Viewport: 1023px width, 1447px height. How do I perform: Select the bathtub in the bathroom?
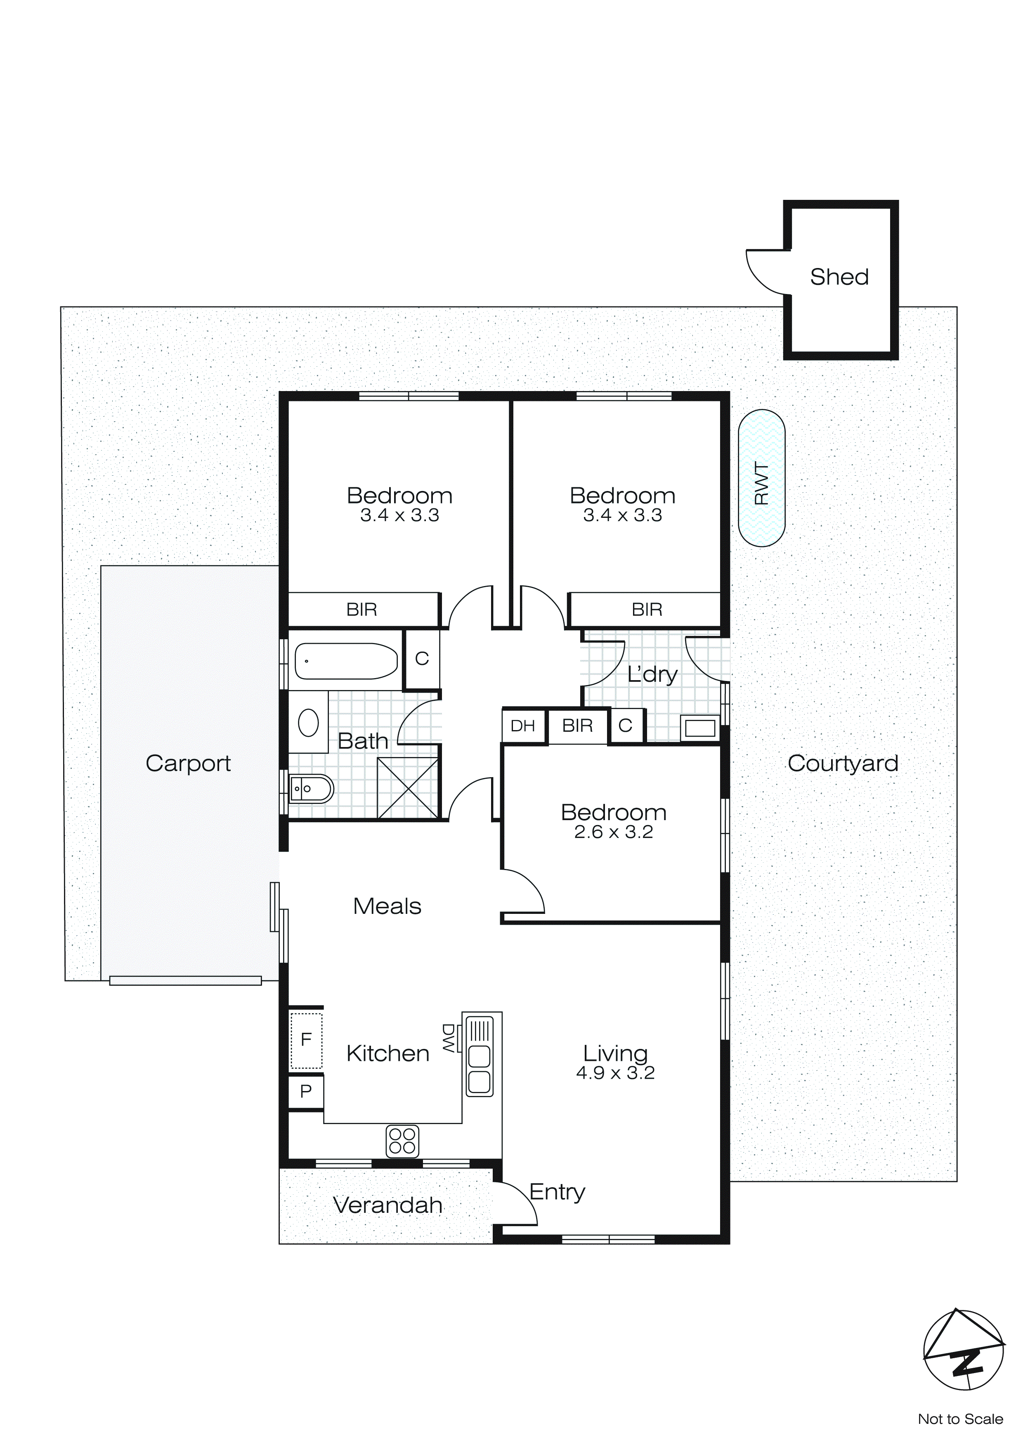[346, 661]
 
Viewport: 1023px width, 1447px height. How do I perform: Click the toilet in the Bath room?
[311, 788]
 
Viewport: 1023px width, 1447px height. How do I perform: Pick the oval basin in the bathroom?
[308, 722]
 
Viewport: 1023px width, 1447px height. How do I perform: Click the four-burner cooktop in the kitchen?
[402, 1141]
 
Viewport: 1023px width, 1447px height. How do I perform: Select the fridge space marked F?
[306, 1040]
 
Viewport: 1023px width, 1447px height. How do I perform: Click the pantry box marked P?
[306, 1091]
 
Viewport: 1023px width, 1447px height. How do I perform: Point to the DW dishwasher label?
[449, 1038]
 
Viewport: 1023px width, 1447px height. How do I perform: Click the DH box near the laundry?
[523, 726]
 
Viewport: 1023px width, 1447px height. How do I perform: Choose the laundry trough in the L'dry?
[700, 728]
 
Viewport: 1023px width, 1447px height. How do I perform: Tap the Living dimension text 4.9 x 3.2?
[615, 1073]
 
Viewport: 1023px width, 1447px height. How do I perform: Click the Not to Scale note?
[960, 1419]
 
